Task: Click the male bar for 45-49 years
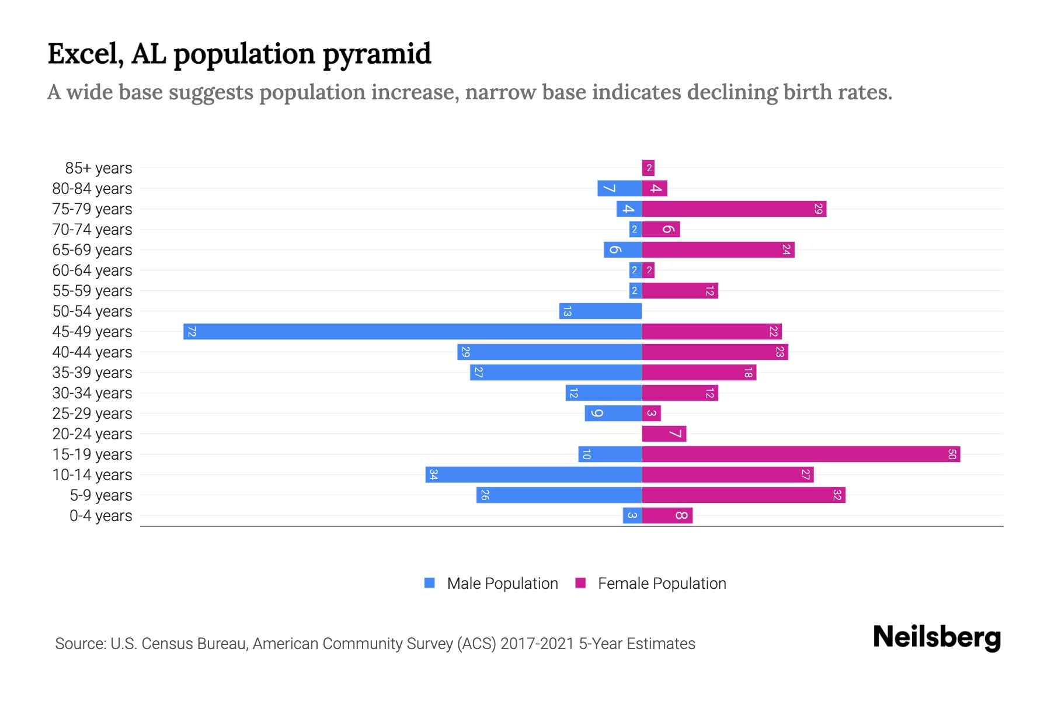(412, 331)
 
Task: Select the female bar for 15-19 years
(801, 454)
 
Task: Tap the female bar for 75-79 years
(734, 209)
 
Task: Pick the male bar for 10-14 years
(534, 474)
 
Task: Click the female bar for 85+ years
(648, 168)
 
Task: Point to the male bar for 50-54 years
(600, 311)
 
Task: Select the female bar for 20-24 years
(664, 433)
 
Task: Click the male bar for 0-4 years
(632, 515)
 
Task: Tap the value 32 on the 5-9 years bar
(837, 495)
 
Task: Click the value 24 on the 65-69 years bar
(786, 249)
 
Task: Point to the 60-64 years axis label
(92, 270)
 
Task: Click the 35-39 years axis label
(92, 373)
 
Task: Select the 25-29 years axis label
(92, 414)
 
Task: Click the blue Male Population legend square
(430, 583)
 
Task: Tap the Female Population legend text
(662, 583)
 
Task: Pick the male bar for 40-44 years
(549, 352)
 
